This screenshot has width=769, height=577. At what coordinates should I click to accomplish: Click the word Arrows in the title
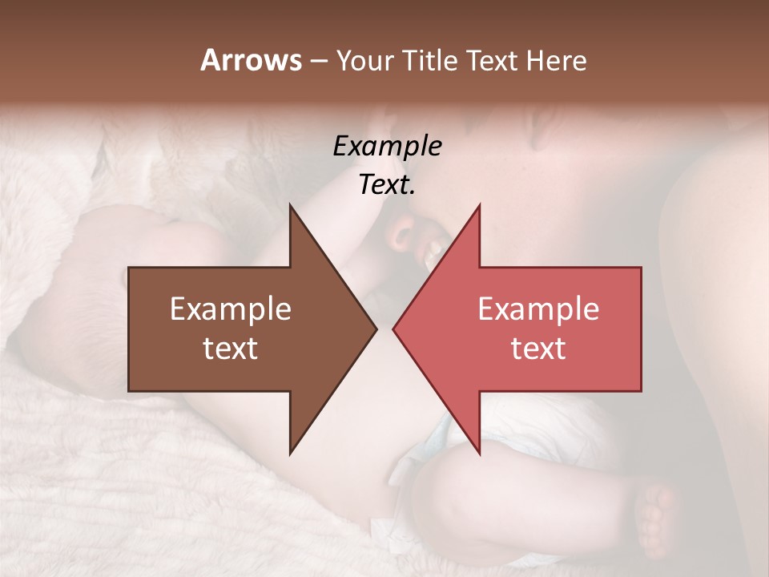click(251, 60)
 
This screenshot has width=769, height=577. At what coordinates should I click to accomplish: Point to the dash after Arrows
click(318, 62)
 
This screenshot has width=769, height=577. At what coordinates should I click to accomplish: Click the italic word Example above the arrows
click(387, 146)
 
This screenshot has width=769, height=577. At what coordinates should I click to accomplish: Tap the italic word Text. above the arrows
click(387, 184)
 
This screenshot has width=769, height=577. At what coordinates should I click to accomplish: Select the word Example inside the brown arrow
click(231, 309)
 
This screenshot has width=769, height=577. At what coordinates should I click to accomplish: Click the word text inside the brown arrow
click(231, 349)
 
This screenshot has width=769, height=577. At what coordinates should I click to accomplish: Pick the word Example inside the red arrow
click(538, 309)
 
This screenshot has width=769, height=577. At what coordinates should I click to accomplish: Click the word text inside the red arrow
click(538, 349)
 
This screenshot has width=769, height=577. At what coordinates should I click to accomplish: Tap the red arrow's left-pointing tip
click(394, 329)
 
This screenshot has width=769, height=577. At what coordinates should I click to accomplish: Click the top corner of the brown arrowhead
click(291, 206)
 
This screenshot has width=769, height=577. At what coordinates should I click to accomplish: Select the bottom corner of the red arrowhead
click(479, 453)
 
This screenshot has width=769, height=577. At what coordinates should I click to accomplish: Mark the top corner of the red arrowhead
click(479, 206)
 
